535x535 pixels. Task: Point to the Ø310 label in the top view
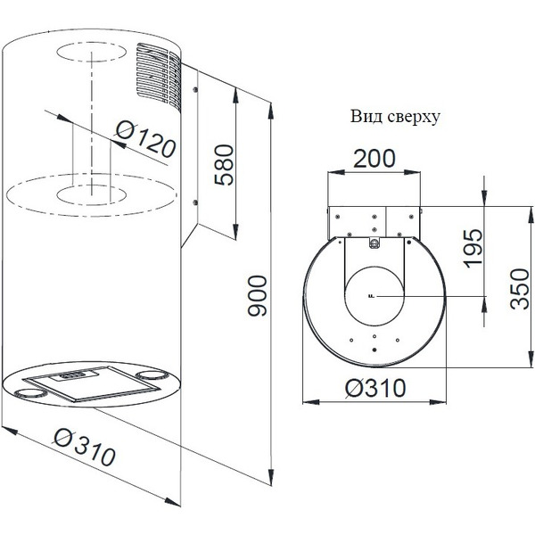pyautogui.click(x=374, y=388)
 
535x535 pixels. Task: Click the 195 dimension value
pyautogui.click(x=473, y=248)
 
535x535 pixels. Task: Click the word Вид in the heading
pyautogui.click(x=365, y=116)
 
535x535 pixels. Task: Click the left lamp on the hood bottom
pyautogui.click(x=36, y=391)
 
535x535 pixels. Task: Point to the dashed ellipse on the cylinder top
pyautogui.click(x=89, y=52)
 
